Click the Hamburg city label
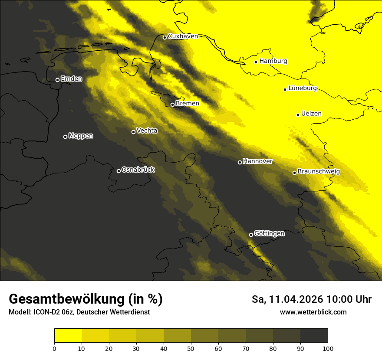coord(273,61)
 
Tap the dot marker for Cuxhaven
coord(165,37)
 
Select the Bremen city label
coord(188,104)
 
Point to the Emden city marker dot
coord(57,80)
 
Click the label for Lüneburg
coord(302,88)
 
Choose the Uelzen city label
coord(311,114)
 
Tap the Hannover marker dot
coord(240,162)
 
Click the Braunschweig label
coord(319,172)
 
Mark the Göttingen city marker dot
coord(251,235)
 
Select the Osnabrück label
coord(138,170)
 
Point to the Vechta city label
coord(147,131)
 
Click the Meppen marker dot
coord(65,137)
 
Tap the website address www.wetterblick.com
coord(313,312)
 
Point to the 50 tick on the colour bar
coord(191,348)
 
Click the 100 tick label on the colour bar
coord(328,348)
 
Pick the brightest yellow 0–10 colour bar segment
coord(68,335)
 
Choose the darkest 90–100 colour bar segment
coord(314,335)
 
